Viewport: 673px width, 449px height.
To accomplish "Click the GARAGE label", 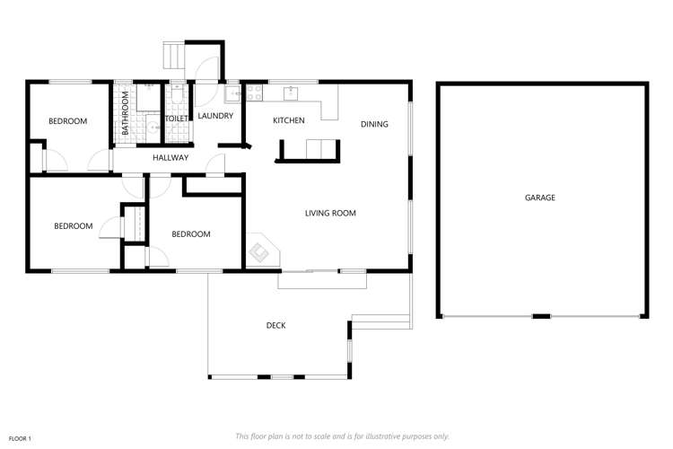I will pyautogui.click(x=540, y=198).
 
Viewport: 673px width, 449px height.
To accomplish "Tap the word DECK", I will pyautogui.click(x=275, y=325).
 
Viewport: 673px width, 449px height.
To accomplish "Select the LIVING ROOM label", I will pyautogui.click(x=330, y=214).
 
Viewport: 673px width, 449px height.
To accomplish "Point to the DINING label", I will pyautogui.click(x=374, y=124).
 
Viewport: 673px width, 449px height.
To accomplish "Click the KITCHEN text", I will pyautogui.click(x=289, y=120).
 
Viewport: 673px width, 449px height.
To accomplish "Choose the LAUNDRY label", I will pyautogui.click(x=215, y=116).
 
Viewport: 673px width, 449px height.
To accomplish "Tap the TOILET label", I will pyautogui.click(x=176, y=119).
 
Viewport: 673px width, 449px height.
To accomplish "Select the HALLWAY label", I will pyautogui.click(x=170, y=158).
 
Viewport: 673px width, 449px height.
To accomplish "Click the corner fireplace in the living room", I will pyautogui.click(x=261, y=251).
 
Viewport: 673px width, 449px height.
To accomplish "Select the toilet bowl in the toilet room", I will pyautogui.click(x=177, y=92).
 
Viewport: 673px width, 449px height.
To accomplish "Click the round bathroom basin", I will pyautogui.click(x=153, y=128).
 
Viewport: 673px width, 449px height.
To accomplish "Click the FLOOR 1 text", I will pyautogui.click(x=20, y=438).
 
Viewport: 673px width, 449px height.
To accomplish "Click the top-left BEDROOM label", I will pyautogui.click(x=67, y=121).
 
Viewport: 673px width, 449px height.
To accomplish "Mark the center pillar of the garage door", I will pyautogui.click(x=540, y=316).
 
